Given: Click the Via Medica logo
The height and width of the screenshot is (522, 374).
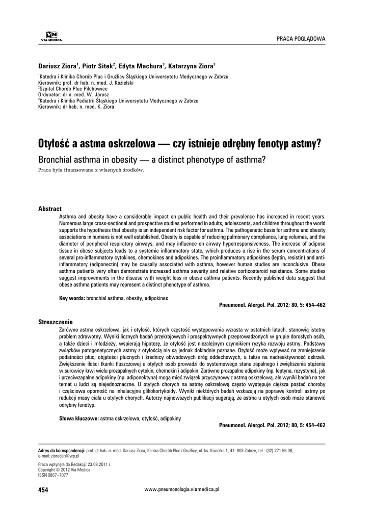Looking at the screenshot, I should [x=44, y=35].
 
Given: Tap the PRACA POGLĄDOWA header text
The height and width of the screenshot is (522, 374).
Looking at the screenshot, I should [x=301, y=39].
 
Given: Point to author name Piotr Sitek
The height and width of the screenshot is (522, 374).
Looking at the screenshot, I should [x=100, y=67].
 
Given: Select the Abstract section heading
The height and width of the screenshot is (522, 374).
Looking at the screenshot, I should [x=50, y=209].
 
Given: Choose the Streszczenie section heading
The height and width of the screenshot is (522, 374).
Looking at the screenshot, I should [x=56, y=322].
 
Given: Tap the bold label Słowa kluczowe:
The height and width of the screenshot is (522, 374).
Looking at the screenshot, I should [x=79, y=418].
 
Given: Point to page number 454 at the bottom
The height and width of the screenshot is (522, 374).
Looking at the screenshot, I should [x=43, y=490].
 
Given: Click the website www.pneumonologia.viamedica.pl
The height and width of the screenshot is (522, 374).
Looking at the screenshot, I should [x=182, y=489].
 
